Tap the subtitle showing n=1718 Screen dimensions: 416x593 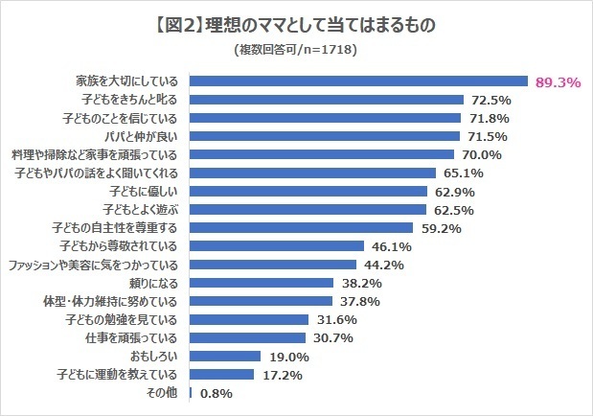(x=296, y=51)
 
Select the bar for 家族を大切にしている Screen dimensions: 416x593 (x=359, y=81)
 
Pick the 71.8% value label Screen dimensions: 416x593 (x=489, y=118)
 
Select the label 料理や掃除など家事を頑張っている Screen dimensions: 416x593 (x=97, y=154)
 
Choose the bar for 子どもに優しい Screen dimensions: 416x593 (x=309, y=192)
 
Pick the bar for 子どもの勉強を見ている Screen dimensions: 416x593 (x=250, y=320)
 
